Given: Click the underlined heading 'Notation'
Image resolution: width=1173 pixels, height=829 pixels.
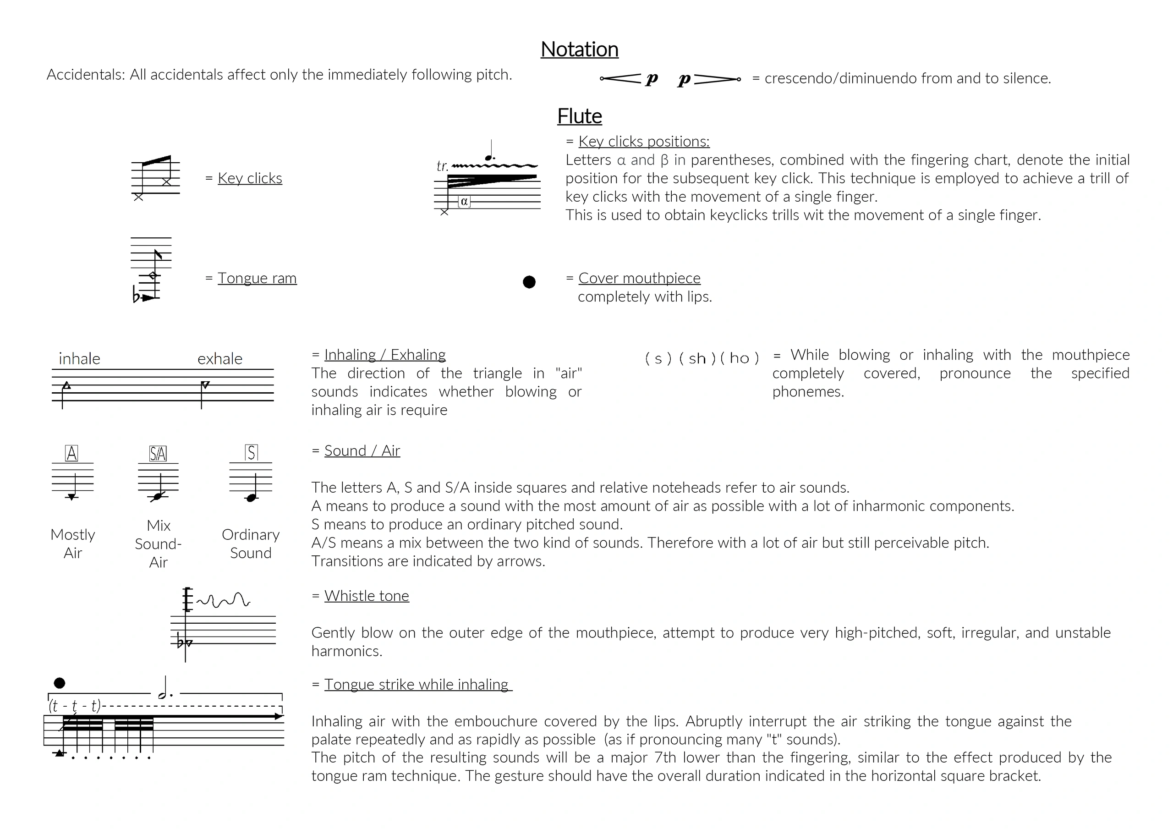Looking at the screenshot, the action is [579, 49].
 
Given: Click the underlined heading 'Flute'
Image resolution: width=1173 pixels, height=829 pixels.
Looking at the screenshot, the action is [579, 116].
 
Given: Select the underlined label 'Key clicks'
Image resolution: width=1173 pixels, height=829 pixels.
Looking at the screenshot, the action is [250, 178].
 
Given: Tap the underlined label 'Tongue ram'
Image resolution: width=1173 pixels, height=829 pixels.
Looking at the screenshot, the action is [257, 278].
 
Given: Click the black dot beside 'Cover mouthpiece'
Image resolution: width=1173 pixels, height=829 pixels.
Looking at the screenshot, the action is [529, 282].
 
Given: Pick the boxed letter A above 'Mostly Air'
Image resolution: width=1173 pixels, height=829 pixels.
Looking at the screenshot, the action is [71, 453].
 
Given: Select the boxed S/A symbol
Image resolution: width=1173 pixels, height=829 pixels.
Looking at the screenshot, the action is [158, 453].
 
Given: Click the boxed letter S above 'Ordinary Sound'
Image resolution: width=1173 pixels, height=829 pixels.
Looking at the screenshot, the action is [251, 453].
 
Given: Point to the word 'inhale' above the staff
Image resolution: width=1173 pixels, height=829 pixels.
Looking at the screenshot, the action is [79, 359].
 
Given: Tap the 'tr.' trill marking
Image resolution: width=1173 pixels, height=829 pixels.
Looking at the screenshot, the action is [443, 166].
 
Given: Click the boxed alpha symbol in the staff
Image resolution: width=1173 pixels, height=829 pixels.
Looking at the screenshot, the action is [464, 202].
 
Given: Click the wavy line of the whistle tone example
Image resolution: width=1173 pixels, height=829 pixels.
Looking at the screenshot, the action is [223, 600].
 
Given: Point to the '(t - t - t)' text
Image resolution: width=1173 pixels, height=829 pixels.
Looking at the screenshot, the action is [75, 706].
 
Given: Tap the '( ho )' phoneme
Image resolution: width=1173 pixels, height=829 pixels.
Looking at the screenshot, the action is [739, 359].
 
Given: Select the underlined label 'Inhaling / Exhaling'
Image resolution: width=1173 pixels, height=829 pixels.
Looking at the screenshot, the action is [385, 355].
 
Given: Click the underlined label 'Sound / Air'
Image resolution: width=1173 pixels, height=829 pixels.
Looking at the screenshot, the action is [362, 451].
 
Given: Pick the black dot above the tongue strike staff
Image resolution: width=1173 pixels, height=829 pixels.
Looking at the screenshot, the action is [59, 683].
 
